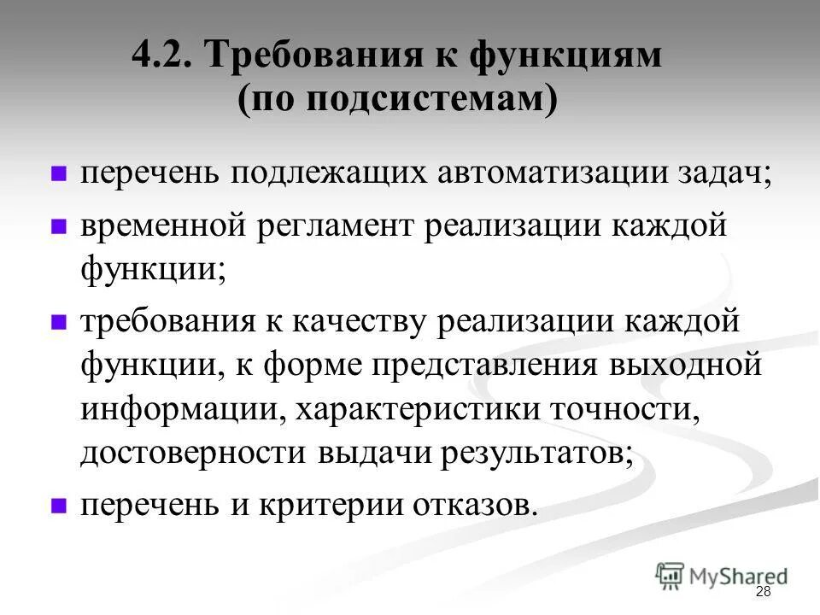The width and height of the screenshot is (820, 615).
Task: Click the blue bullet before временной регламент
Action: click(59, 228)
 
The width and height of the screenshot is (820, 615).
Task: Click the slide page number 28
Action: click(763, 593)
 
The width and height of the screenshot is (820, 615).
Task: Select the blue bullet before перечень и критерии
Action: click(59, 505)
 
